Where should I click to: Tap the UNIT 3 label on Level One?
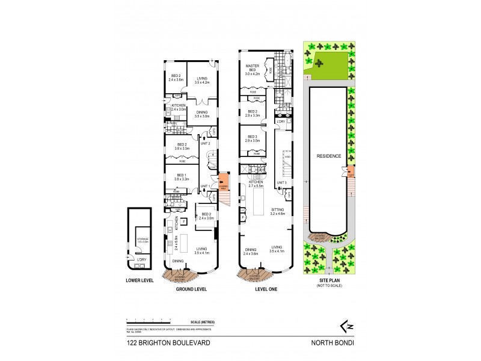[281, 182]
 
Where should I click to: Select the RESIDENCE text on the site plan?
[329, 156]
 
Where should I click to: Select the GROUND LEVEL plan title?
[192, 289]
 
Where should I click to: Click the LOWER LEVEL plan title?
[140, 280]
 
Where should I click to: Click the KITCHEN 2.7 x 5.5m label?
[252, 184]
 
